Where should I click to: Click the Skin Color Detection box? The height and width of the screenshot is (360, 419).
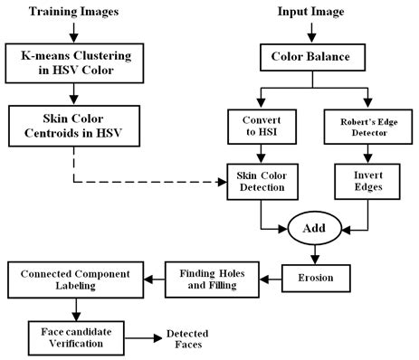pos(261,180)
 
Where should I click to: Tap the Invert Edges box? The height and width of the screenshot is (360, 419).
pos(365,180)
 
